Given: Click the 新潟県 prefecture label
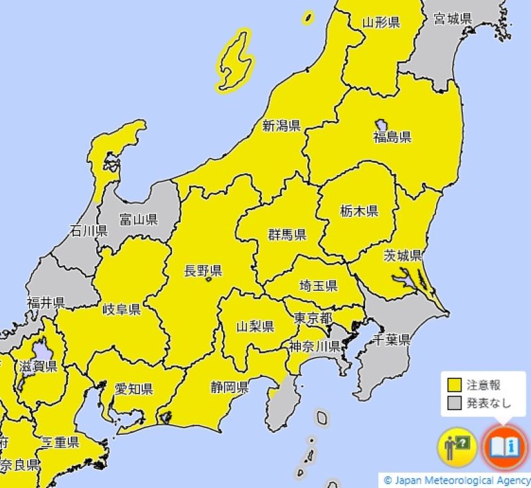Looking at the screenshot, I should (x=281, y=125).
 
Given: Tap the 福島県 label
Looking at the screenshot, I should (x=392, y=137).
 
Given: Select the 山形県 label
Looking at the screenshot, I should (x=380, y=23).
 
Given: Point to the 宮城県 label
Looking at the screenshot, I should (x=453, y=19).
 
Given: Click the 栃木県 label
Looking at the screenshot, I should (x=358, y=211).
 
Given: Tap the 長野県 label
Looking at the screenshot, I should (x=202, y=271).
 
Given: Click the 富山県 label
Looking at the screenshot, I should (x=138, y=219).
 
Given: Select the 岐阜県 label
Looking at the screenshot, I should (x=121, y=309).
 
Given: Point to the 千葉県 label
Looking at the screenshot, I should (x=390, y=340).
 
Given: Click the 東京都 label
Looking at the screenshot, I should (x=313, y=318).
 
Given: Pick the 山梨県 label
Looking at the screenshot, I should (x=256, y=326).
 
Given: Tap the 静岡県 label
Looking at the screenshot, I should (x=229, y=387).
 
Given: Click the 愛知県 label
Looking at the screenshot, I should (x=133, y=389).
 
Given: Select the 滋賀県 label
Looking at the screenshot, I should (x=38, y=367).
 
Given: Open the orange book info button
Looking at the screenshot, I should (x=503, y=445).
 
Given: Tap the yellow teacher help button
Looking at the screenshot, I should (x=457, y=445).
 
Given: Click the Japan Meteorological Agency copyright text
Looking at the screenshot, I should (x=457, y=480).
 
